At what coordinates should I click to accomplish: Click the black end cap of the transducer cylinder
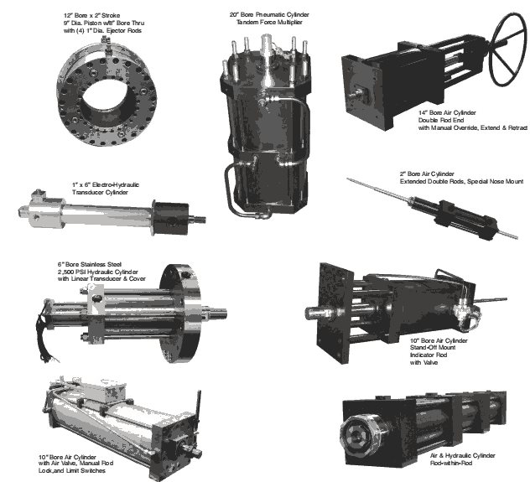tap(170, 218)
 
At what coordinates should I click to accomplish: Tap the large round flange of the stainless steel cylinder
tap(181, 314)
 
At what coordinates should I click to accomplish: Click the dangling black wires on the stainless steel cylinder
tap(45, 334)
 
